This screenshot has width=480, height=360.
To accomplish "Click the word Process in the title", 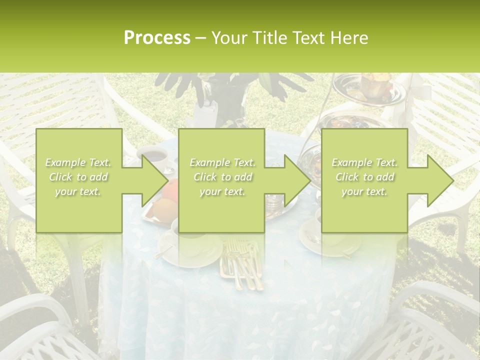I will (x=157, y=38).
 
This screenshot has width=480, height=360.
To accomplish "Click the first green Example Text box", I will (x=79, y=180).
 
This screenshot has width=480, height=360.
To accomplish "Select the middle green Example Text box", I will (x=221, y=180).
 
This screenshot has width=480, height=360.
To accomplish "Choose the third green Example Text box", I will (x=364, y=180).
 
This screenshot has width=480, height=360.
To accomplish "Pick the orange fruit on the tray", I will (x=169, y=190).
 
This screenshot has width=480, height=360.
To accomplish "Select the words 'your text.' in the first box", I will (x=77, y=191).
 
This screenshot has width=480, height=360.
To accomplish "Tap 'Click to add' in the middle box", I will (x=222, y=177).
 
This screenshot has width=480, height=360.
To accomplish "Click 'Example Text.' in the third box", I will (x=364, y=162).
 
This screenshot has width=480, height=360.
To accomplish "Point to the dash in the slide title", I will (x=201, y=38).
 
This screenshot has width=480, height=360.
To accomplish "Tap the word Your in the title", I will (x=228, y=38).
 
